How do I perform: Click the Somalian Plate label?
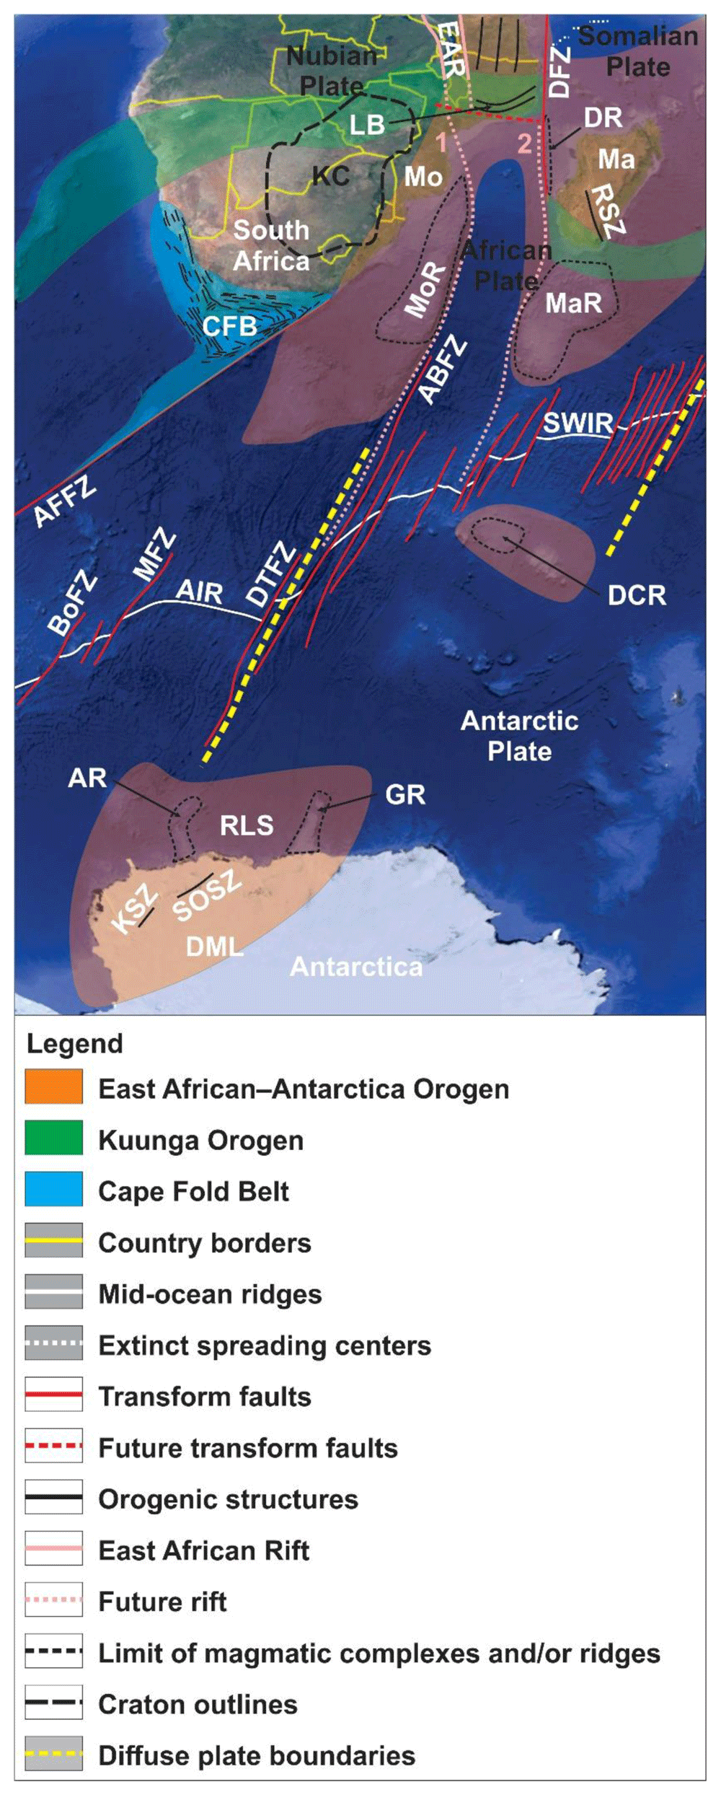638,51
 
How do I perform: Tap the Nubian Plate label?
332,70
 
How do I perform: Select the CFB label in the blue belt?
229,326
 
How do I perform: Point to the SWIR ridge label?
578,423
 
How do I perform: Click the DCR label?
637,595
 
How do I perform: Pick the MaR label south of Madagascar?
573,303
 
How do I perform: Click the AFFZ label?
65,501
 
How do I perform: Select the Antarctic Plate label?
519,736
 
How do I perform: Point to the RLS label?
247,825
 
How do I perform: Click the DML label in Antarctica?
214,946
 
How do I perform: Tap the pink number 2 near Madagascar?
525,144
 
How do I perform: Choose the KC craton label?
331,175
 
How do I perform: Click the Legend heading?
75,1043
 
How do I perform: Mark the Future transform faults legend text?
248,1447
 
